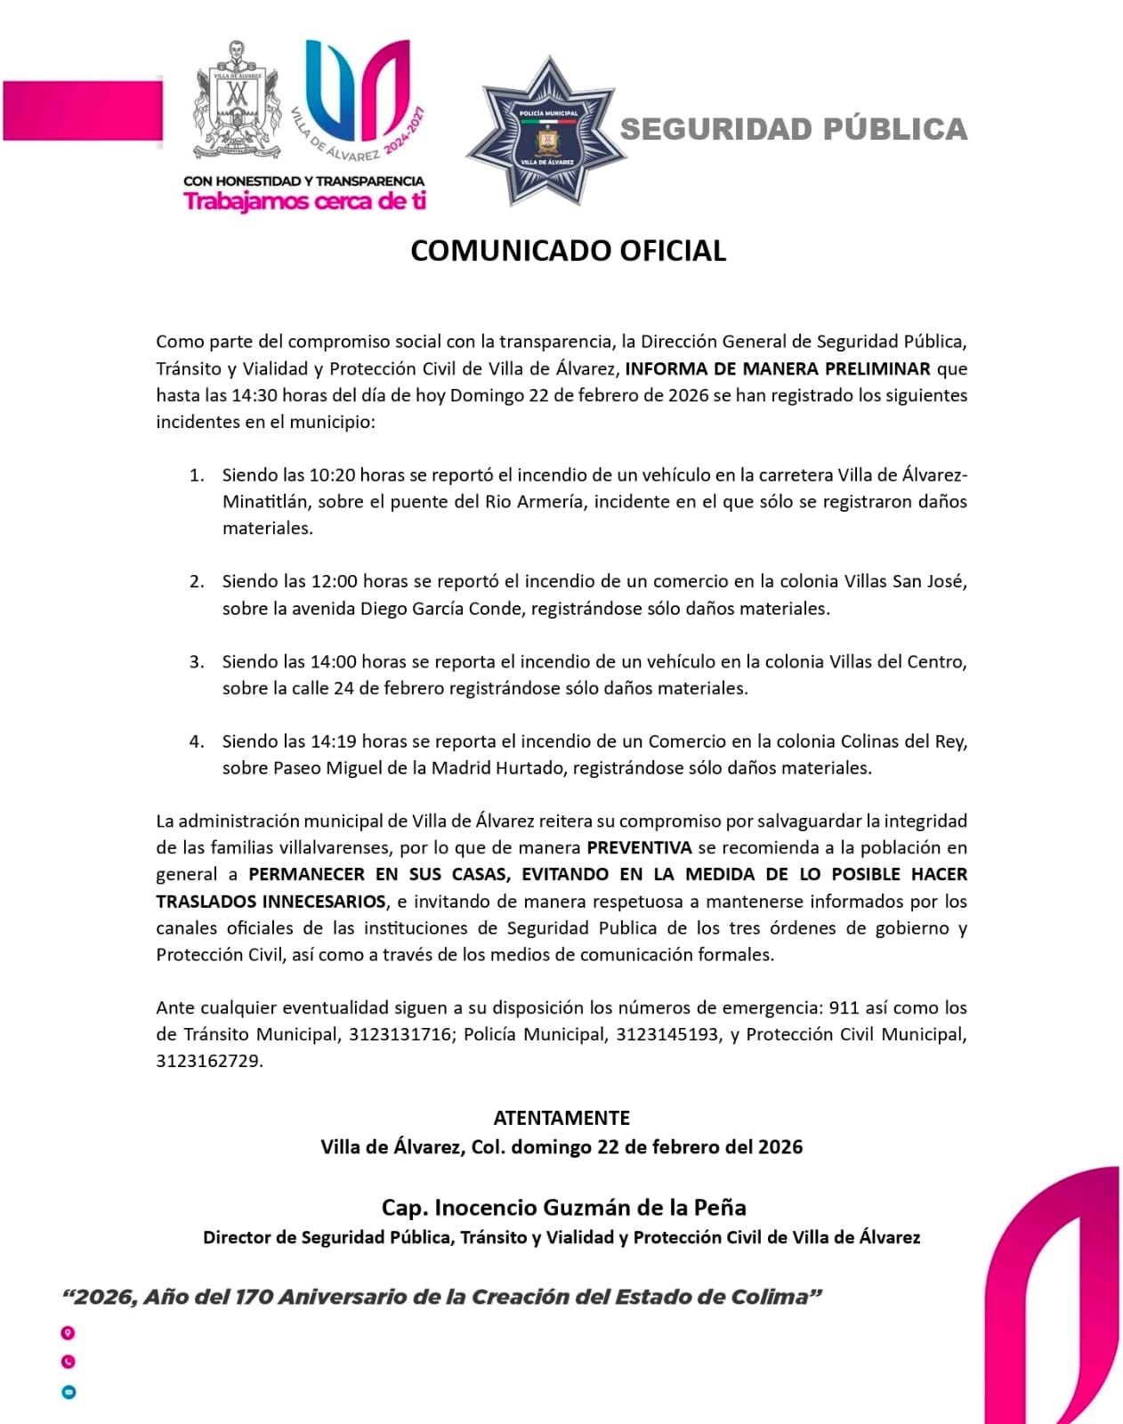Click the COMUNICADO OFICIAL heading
coord(568,251)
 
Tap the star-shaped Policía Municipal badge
coord(546,132)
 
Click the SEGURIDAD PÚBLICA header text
coord(793,129)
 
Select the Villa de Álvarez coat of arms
coord(236,101)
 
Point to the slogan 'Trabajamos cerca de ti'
coord(304,201)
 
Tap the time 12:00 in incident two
coord(334,582)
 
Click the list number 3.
coord(196,661)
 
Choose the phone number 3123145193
coord(667,1034)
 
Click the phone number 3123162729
coord(208,1061)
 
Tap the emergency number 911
coord(844,1007)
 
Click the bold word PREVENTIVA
coord(639,847)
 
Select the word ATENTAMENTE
coord(561,1118)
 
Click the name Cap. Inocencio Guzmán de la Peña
coord(563,1208)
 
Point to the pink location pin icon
coord(68,1333)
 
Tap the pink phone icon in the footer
coord(68,1362)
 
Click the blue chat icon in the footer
coord(69,1392)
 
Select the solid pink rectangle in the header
coord(83,110)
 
